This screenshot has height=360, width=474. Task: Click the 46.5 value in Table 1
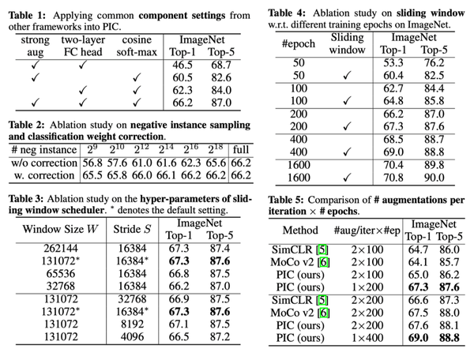(182, 65)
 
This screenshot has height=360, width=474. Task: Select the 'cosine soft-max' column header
(137, 46)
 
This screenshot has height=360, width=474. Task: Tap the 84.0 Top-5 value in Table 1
(221, 90)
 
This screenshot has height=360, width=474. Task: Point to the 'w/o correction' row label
(44, 163)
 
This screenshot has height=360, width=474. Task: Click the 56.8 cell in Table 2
(92, 163)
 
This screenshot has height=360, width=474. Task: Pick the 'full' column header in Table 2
(241, 150)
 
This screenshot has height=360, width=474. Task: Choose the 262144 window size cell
(61, 248)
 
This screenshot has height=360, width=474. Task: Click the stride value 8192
(132, 324)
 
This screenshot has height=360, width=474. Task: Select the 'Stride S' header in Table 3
(132, 229)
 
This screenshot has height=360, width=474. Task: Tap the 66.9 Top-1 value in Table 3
(179, 299)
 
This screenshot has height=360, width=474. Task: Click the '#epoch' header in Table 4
(299, 43)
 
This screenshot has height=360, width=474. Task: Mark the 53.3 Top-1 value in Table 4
(393, 63)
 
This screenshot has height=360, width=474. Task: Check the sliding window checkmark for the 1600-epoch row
(348, 177)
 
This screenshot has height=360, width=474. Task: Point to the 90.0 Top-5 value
(434, 178)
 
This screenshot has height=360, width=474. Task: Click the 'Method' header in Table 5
(300, 231)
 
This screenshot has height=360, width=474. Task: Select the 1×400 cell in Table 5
(367, 338)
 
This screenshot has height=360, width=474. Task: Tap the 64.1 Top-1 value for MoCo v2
(418, 262)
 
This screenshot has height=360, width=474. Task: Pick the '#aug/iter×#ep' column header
(367, 231)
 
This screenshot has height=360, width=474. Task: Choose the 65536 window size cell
(61, 274)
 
